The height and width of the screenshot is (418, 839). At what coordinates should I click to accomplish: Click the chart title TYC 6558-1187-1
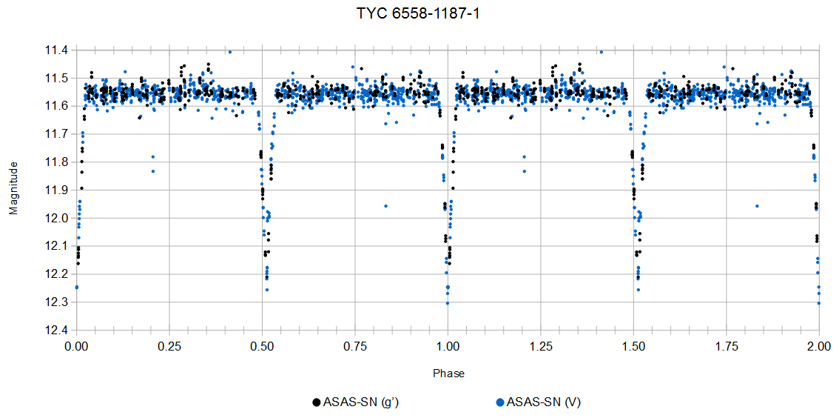click(419, 14)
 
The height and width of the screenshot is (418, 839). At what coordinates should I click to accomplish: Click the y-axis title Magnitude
click(13, 190)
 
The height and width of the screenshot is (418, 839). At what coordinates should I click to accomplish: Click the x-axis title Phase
click(448, 374)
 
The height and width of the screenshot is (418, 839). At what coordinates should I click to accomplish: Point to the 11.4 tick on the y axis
click(57, 50)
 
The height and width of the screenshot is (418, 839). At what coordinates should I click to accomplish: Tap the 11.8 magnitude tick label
click(57, 162)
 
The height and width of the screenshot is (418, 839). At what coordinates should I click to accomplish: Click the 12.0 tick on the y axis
click(57, 218)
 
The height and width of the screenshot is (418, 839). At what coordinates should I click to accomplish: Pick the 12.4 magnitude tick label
click(57, 330)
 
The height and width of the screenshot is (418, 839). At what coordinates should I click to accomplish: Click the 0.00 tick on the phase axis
click(76, 345)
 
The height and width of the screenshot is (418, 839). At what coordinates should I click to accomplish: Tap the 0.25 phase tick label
click(169, 345)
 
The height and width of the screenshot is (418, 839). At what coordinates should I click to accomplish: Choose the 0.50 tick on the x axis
click(262, 345)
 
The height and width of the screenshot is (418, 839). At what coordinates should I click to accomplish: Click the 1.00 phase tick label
click(448, 345)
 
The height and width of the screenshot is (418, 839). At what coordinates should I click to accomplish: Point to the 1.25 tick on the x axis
click(541, 345)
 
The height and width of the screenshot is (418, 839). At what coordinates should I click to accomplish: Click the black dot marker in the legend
click(317, 402)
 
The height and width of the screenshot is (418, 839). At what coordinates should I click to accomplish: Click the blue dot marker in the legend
click(500, 402)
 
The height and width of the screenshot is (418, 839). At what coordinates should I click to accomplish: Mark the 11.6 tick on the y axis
click(57, 106)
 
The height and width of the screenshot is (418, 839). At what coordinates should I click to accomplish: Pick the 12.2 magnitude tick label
click(57, 274)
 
